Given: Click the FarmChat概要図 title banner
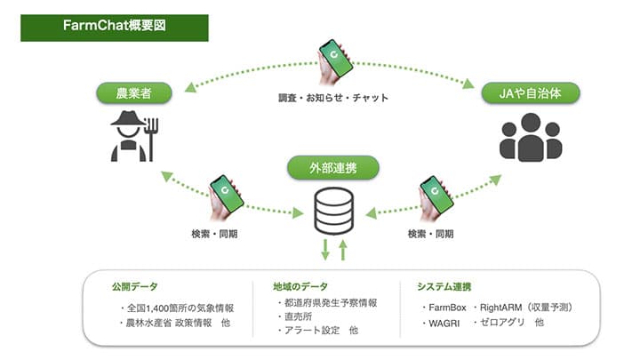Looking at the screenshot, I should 115,26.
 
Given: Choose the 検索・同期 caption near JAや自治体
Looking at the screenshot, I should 430,235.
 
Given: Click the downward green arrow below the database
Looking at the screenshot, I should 325,249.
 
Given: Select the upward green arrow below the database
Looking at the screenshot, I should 342,249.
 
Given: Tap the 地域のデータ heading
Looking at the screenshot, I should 301,287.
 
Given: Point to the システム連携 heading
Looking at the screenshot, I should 444,287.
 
